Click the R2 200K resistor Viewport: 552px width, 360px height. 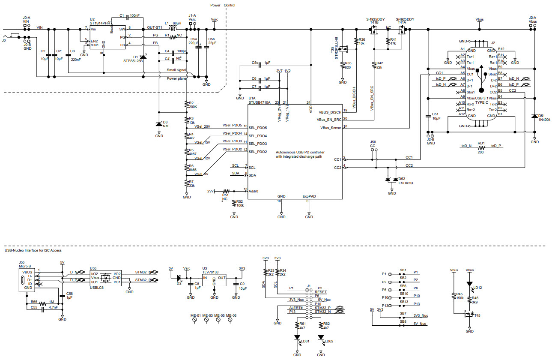187,105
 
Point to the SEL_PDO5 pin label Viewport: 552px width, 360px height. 258,128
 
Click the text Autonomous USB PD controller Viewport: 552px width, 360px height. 300,152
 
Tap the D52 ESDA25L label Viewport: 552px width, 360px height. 406,181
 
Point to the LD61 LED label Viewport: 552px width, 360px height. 305,342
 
